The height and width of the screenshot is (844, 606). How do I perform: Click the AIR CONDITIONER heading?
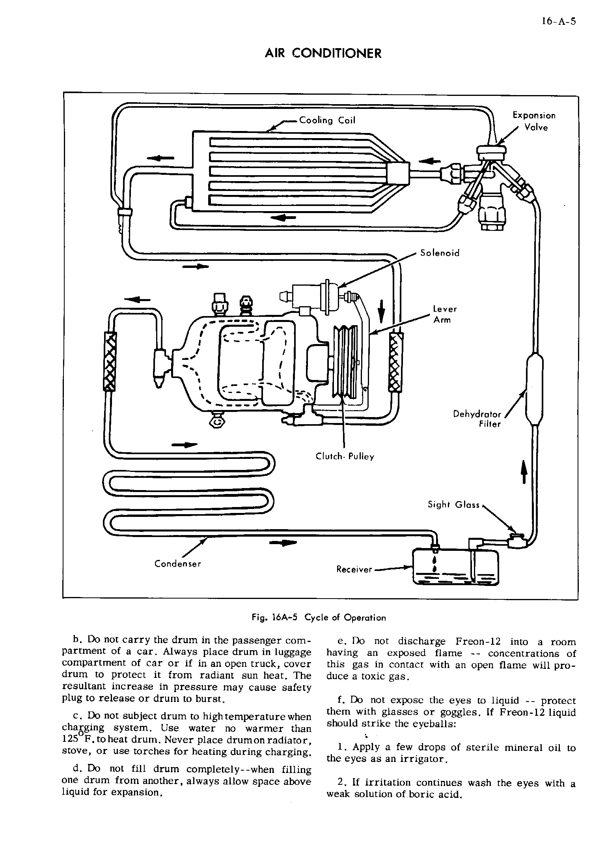[323, 53]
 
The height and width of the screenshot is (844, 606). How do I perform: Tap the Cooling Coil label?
[327, 120]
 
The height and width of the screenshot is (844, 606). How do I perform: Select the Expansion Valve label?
[534, 121]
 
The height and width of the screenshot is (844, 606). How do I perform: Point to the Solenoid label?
[440, 253]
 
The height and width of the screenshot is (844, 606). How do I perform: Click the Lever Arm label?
[445, 314]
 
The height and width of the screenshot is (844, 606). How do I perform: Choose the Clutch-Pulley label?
[345, 457]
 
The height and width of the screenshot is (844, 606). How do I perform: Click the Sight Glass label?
[454, 505]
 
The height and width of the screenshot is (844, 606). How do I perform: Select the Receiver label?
[354, 569]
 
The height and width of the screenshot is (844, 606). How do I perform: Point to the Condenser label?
[177, 564]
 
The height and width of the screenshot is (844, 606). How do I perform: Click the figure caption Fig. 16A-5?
[319, 618]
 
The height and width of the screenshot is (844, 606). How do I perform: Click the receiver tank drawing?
[455, 567]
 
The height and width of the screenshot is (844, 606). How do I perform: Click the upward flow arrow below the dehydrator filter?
[524, 472]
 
